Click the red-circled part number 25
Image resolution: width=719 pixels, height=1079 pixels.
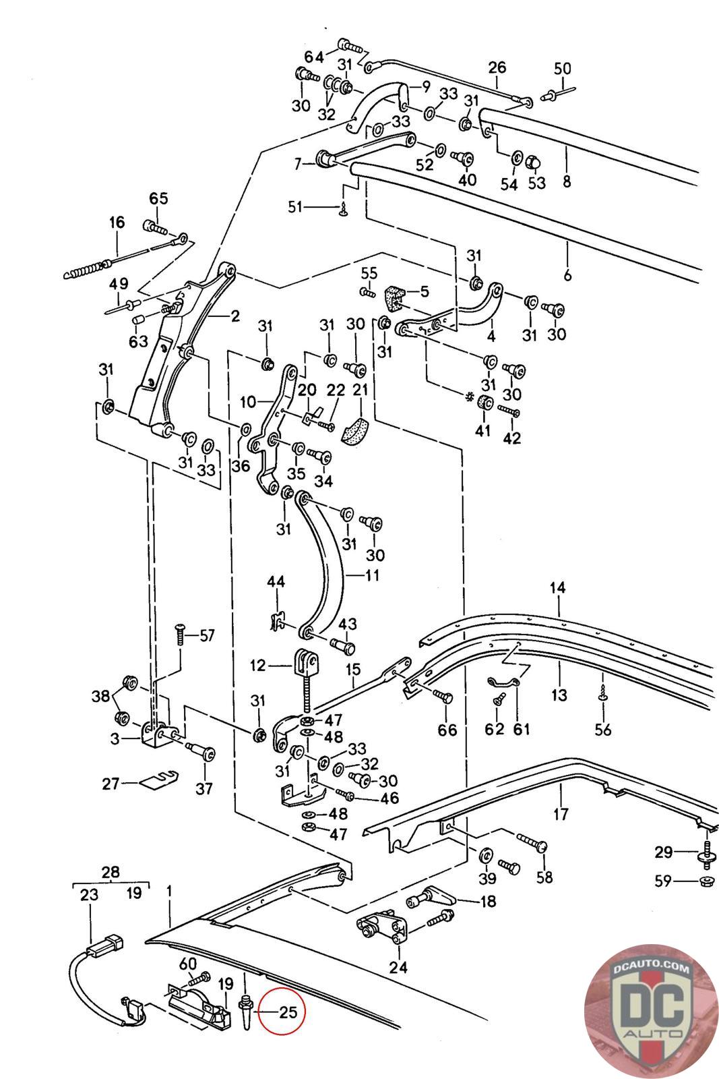click(288, 1012)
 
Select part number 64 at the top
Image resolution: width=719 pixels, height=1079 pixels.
click(314, 57)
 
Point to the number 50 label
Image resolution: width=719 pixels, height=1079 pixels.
click(562, 68)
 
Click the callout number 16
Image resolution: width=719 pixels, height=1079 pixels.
click(117, 222)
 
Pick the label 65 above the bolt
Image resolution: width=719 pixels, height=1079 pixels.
click(159, 198)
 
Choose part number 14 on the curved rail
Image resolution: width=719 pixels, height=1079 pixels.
click(558, 587)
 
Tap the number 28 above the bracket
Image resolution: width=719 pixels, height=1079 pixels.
click(111, 872)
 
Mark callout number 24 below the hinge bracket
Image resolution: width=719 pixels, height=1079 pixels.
click(398, 967)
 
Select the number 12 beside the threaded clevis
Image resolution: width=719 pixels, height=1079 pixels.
click(259, 665)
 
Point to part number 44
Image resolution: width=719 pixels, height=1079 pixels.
click(276, 581)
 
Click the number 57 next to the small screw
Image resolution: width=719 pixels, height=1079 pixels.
click(207, 636)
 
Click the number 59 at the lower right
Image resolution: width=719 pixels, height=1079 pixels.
click(663, 881)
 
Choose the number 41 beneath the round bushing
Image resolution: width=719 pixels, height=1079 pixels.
click(482, 430)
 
